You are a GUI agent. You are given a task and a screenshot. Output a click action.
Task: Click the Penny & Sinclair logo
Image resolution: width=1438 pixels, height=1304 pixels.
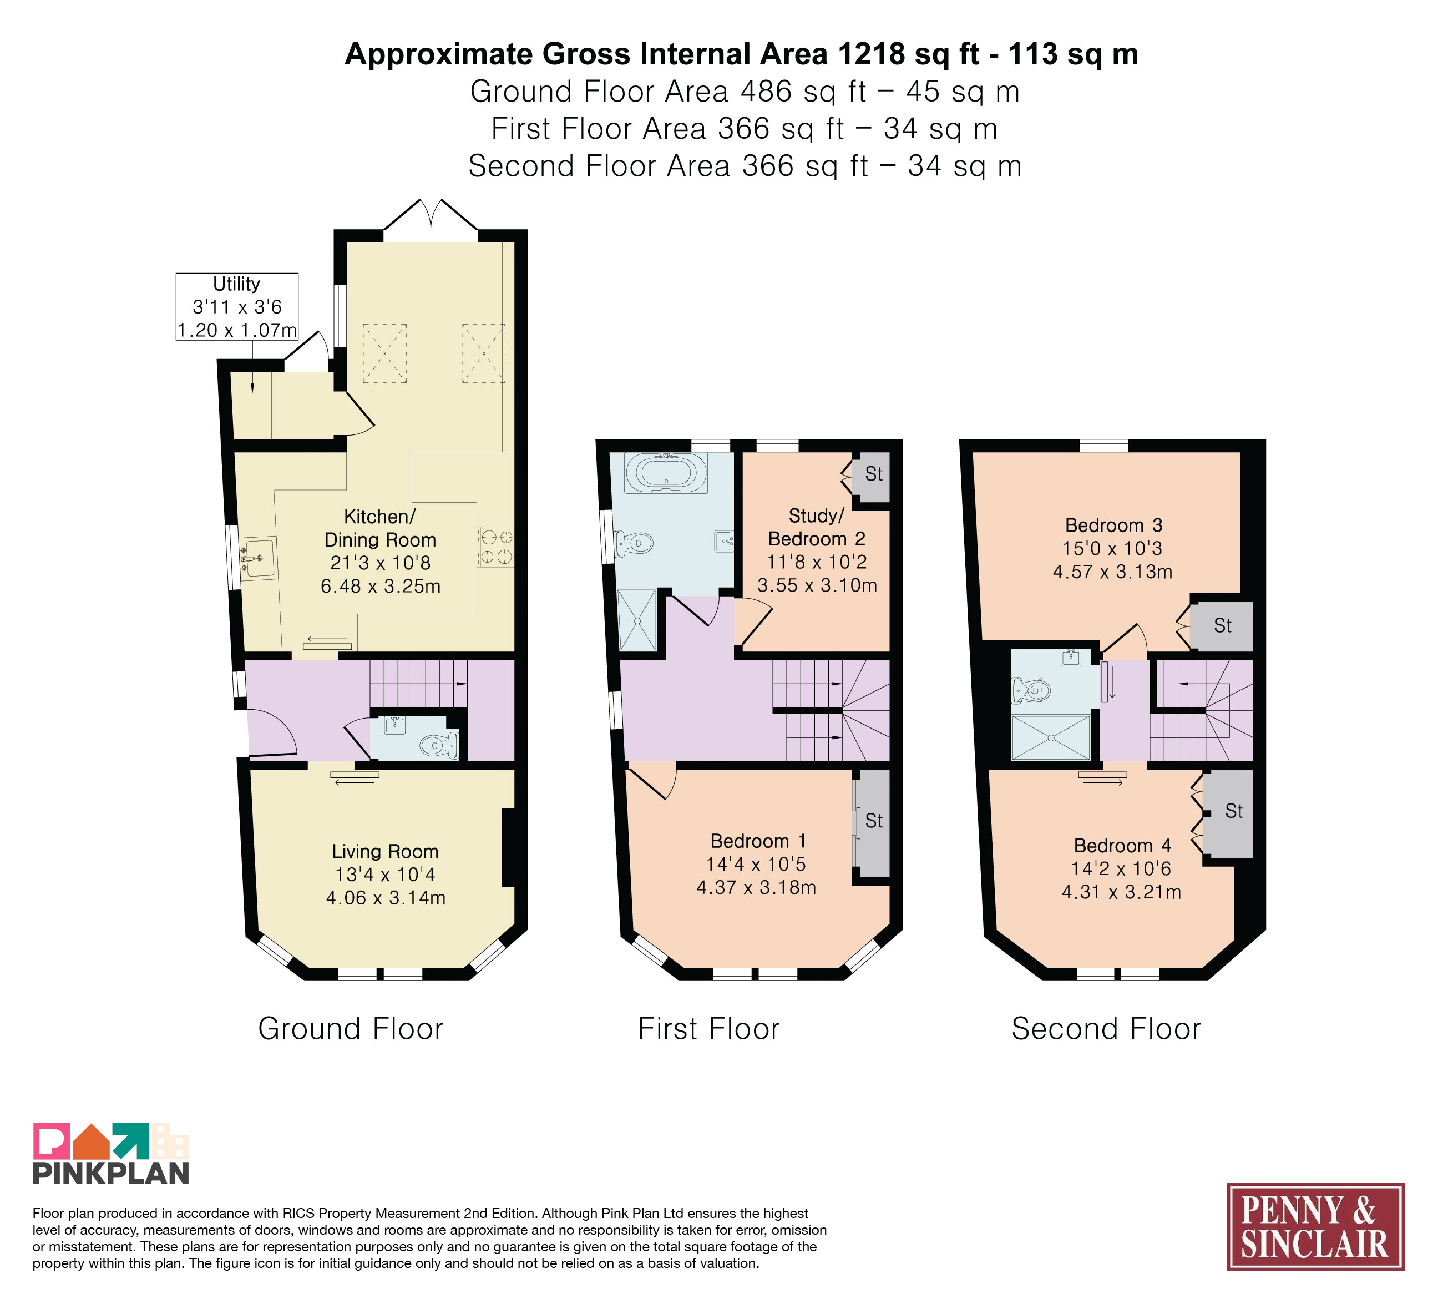coord(1315,1226)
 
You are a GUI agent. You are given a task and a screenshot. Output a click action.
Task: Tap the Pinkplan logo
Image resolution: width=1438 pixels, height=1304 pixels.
coord(112,1154)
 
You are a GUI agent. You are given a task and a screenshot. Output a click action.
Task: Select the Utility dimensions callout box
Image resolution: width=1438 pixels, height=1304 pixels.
coord(237,307)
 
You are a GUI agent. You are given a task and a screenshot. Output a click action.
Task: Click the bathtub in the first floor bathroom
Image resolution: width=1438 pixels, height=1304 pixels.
coord(666,473)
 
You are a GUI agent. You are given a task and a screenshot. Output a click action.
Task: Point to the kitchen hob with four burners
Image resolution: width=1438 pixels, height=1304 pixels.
coord(496,547)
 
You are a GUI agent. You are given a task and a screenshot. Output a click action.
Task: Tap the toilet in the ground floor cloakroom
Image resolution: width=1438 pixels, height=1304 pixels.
coord(439,745)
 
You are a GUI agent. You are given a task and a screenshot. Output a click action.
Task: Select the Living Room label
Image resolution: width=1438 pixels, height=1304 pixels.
coord(385,851)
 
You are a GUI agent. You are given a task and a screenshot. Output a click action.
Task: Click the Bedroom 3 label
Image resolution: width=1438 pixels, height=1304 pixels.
coord(1113,525)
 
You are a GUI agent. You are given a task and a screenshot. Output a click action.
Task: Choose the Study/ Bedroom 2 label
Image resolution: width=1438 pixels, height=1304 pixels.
coord(817,527)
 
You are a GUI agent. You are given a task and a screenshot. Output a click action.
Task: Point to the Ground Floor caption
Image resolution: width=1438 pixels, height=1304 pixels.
coord(351,1029)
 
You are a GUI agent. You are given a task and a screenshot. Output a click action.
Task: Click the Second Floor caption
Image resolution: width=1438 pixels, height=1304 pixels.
coord(1106,1029)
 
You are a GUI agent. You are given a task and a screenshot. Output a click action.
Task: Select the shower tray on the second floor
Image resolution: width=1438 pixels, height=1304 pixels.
coord(1051,737)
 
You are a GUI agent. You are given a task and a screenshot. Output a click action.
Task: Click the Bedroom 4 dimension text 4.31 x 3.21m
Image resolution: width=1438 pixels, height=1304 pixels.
coord(1121,892)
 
